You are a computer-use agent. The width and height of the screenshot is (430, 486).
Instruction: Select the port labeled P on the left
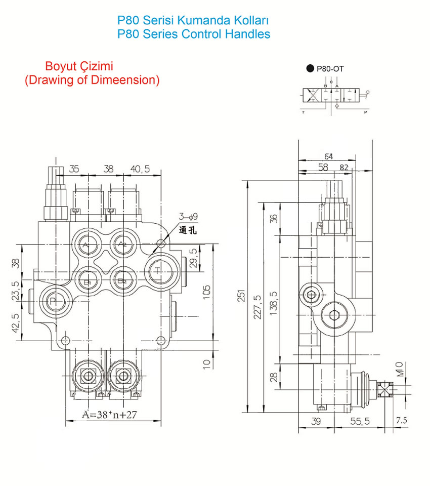tap(53, 301)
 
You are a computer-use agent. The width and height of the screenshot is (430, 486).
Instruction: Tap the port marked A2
tap(121, 245)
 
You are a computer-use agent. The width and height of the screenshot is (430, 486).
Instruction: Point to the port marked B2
tap(121, 280)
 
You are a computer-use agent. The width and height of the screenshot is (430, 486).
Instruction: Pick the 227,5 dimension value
tap(257, 304)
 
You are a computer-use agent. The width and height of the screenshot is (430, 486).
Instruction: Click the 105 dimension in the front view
tap(206, 293)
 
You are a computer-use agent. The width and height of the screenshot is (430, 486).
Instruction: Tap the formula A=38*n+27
tap(110, 416)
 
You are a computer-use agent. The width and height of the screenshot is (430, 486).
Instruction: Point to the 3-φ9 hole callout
tap(188, 217)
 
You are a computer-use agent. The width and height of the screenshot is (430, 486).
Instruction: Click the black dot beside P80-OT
tap(310, 69)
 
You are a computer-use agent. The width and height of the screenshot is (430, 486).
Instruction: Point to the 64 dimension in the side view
tap(328, 156)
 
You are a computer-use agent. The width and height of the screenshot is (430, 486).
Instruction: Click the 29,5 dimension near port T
tap(192, 258)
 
